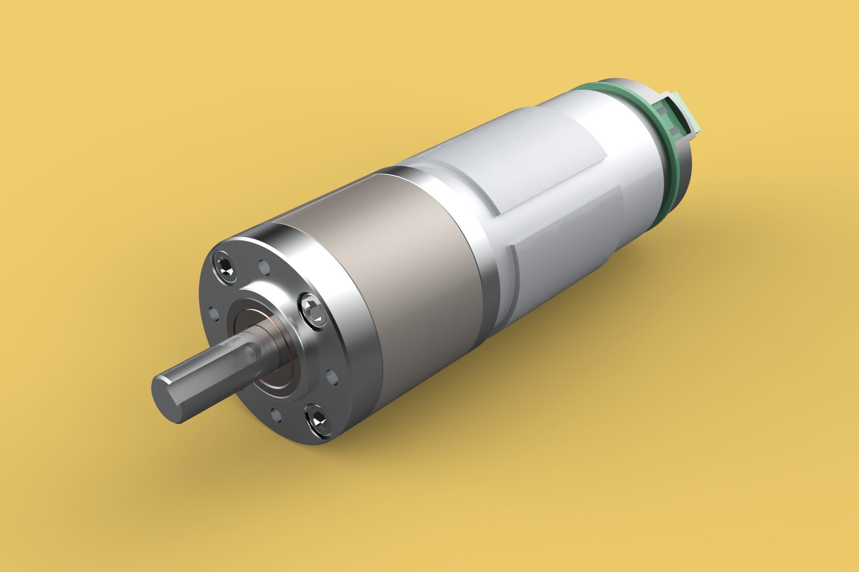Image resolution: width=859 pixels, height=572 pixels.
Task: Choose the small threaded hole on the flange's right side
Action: [331, 377]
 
